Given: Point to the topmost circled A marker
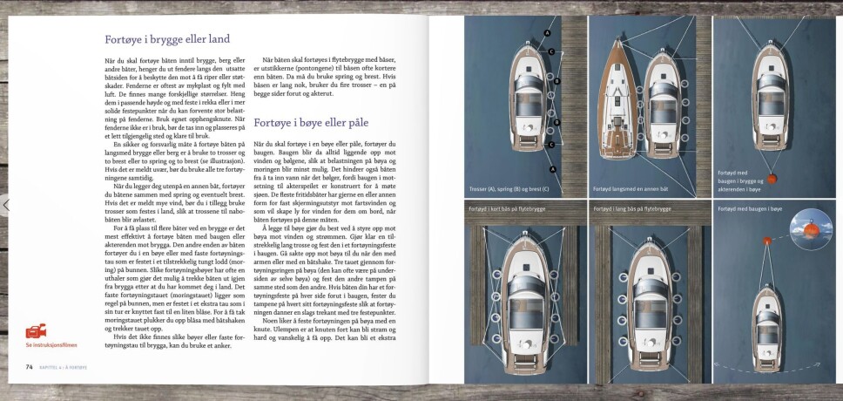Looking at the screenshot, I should point(548,33).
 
